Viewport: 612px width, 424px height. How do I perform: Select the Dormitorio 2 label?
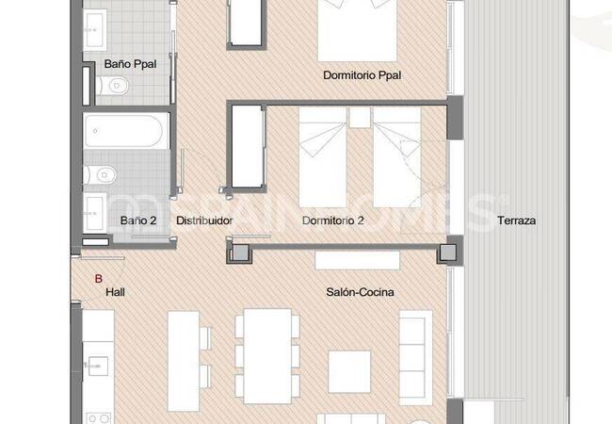click(x=333, y=221)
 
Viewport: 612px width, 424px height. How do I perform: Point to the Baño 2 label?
click(x=137, y=221)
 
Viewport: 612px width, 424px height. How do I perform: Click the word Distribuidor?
click(x=204, y=221)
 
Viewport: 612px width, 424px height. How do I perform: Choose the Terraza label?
click(x=516, y=221)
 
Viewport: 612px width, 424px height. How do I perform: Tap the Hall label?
click(x=116, y=293)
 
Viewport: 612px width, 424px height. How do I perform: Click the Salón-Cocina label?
click(x=360, y=293)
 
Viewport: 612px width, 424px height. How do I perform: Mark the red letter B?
click(x=99, y=278)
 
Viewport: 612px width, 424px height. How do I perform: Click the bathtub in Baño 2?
click(x=126, y=131)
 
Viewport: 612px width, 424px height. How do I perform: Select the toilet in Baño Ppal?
click(x=113, y=88)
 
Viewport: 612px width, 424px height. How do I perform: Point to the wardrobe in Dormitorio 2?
click(x=248, y=149)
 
